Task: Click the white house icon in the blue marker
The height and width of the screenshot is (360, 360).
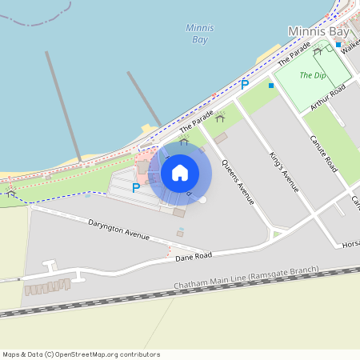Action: pyautogui.click(x=180, y=172)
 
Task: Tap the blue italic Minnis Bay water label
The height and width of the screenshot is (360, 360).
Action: pyautogui.click(x=199, y=33)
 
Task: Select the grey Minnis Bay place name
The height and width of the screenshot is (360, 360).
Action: pyautogui.click(x=318, y=31)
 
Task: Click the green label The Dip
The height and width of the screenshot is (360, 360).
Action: pyautogui.click(x=313, y=75)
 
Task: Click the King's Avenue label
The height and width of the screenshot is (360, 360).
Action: pyautogui.click(x=284, y=171)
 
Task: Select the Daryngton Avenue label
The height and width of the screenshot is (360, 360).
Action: pyautogui.click(x=119, y=230)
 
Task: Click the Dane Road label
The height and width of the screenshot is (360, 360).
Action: pyautogui.click(x=194, y=255)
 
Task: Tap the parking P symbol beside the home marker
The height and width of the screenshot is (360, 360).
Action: pyautogui.click(x=136, y=188)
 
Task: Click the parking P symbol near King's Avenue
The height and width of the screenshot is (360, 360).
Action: pyautogui.click(x=246, y=84)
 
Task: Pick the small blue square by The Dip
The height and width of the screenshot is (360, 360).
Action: pyautogui.click(x=271, y=85)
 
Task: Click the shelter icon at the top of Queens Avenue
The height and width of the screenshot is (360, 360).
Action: pyautogui.click(x=220, y=118)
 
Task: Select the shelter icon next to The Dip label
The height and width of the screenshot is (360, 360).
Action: pyautogui.click(x=318, y=51)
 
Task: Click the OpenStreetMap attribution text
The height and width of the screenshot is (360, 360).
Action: pyautogui.click(x=81, y=354)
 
